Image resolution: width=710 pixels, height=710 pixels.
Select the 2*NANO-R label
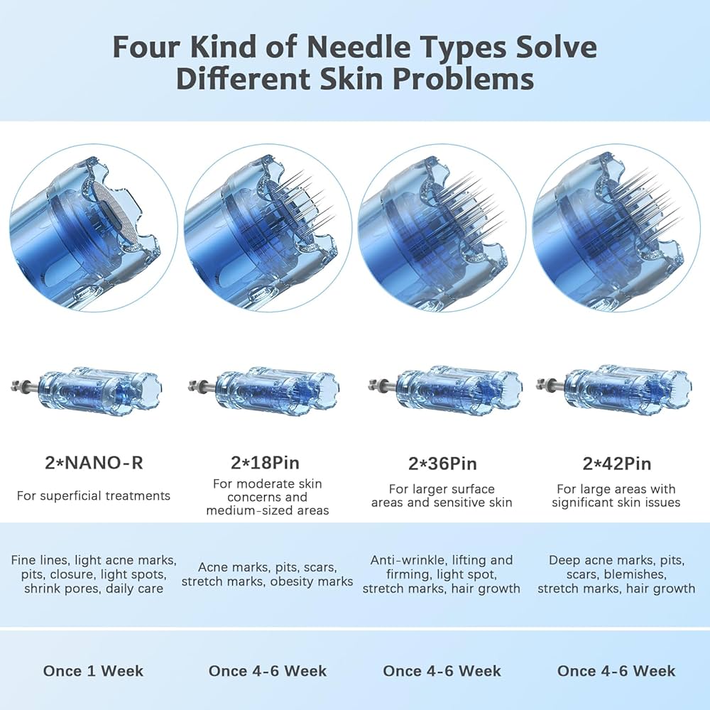click(94, 463)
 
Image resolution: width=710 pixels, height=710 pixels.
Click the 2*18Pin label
click(265, 463)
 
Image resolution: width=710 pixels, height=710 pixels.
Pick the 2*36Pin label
click(442, 464)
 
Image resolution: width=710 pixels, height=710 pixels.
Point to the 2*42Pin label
click(617, 464)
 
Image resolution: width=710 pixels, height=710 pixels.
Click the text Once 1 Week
click(93, 671)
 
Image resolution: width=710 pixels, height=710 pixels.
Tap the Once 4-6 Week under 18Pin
click(268, 671)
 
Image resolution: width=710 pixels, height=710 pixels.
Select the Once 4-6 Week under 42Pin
click(616, 671)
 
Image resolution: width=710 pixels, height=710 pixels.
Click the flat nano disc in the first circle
click(113, 211)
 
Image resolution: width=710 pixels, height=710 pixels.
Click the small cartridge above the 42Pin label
click(613, 387)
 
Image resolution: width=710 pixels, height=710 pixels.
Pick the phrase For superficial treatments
click(94, 496)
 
